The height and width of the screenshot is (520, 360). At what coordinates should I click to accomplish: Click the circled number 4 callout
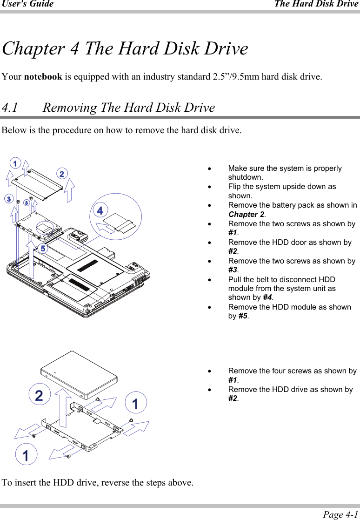99,210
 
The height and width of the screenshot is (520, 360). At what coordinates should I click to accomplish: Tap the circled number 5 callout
43,249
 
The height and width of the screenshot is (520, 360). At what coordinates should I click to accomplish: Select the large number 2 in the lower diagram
40,395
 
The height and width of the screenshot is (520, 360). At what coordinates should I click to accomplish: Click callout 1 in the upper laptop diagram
15,163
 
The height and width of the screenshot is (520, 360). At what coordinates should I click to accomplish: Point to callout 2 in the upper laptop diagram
61,174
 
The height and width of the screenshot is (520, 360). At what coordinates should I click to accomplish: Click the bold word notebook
43,76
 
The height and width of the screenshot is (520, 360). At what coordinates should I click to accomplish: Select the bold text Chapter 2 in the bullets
246,215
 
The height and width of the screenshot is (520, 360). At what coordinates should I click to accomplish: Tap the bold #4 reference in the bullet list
267,298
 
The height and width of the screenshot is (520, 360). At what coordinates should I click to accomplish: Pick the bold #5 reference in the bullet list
243,317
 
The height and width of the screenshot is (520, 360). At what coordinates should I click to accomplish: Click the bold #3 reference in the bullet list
233,270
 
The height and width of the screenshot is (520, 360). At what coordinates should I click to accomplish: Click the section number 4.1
10,108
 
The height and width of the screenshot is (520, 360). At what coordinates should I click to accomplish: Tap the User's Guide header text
27,4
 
